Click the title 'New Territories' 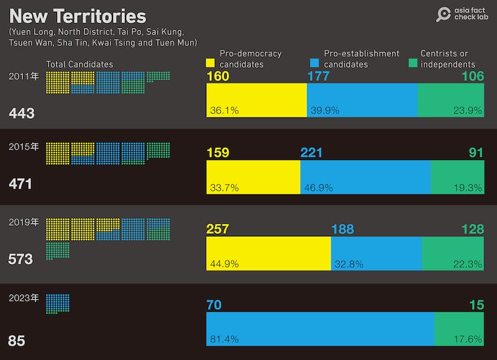[x=78, y=16]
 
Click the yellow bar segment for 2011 [x=256, y=99]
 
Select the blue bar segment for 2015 [x=365, y=177]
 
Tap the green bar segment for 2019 [x=453, y=253]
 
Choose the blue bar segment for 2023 [x=320, y=329]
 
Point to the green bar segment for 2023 [x=459, y=329]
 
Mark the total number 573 [x=21, y=259]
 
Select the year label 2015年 [x=24, y=147]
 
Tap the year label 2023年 [x=24, y=298]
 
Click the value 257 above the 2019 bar [x=217, y=229]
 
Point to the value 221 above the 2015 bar [x=312, y=153]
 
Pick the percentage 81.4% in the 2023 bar [x=224, y=339]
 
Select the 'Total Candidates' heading [x=80, y=64]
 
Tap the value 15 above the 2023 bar [x=476, y=305]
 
